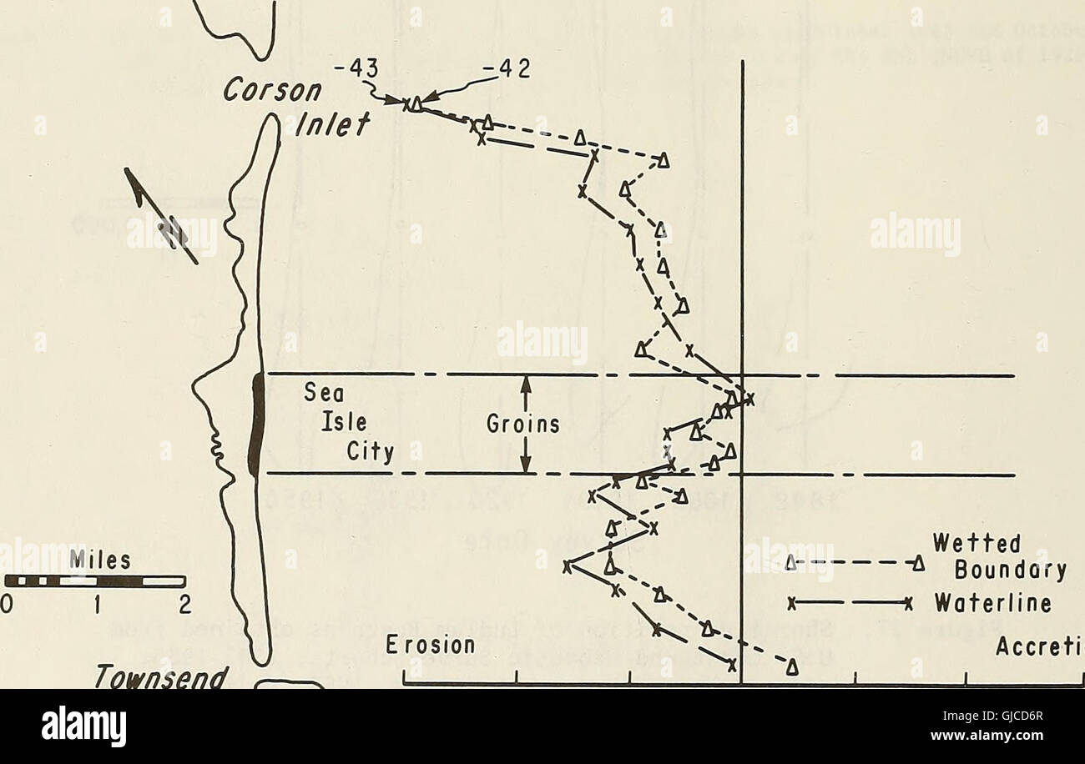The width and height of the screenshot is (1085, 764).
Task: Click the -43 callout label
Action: pos(362,73)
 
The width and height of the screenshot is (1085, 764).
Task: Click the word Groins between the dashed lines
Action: pos(523,425)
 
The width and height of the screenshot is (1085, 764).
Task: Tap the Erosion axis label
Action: pos(431,646)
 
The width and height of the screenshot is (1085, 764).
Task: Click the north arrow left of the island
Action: pos(160,214)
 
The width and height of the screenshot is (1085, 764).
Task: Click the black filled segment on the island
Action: pos(257,425)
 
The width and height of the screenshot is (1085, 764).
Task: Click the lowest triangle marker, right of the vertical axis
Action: pos(790,666)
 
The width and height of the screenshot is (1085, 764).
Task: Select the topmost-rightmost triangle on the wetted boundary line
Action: pos(663,161)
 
